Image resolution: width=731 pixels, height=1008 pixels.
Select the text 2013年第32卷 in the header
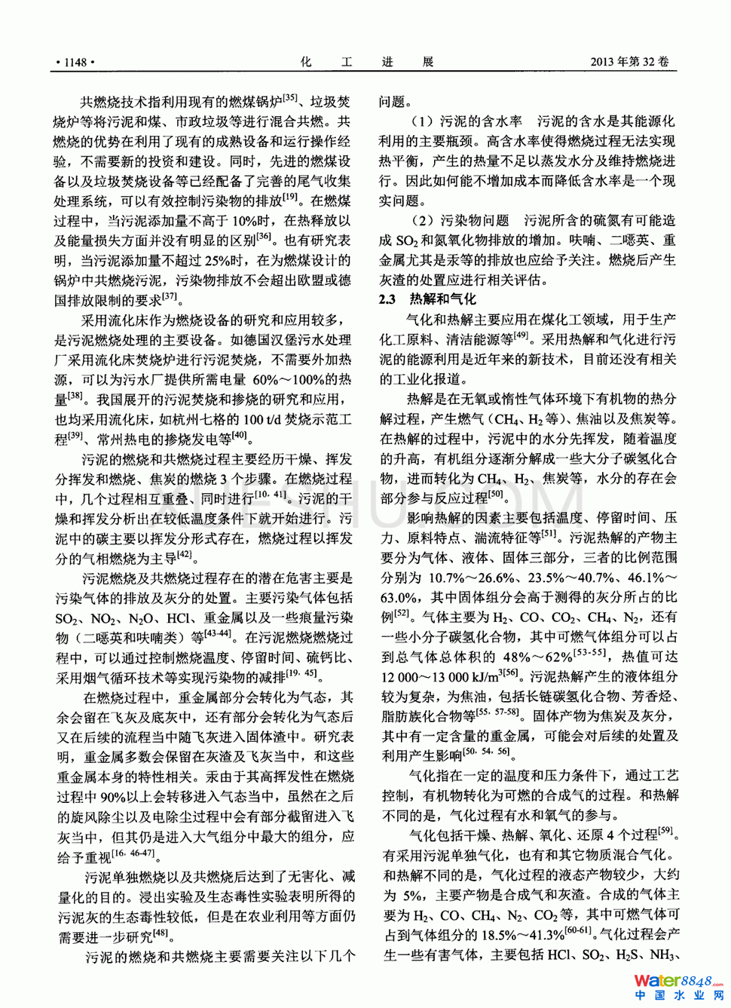coord(629,62)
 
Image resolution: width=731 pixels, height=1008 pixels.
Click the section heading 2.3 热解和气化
coord(427,299)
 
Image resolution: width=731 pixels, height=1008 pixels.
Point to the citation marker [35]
coord(289,97)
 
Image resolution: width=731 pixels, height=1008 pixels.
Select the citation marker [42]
coord(185,556)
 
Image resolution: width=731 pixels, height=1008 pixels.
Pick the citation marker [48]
coord(160,933)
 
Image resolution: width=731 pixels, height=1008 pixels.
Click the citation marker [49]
coord(521,335)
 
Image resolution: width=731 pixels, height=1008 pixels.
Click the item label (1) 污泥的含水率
coord(466,121)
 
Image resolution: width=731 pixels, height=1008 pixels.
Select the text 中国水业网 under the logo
coord(679,996)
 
